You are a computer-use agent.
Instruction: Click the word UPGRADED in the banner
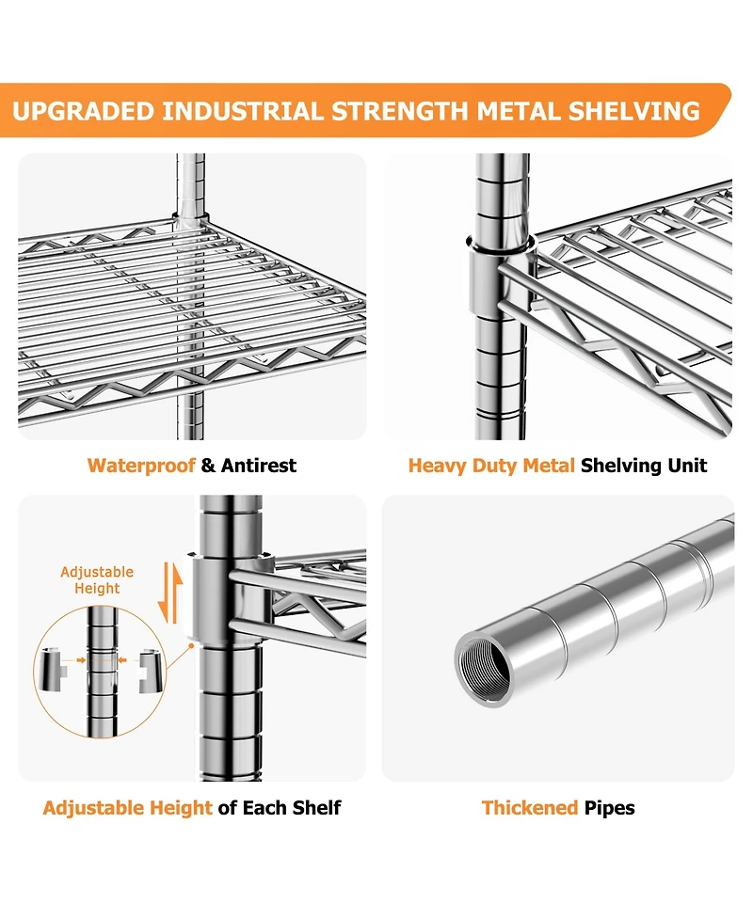click(x=83, y=111)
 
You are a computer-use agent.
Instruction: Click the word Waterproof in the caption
click(x=141, y=466)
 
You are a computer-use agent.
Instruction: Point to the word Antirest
click(x=259, y=466)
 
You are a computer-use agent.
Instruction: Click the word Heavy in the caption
click(x=437, y=466)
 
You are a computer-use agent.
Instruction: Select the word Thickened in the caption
click(x=530, y=808)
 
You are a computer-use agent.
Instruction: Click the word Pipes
click(x=609, y=808)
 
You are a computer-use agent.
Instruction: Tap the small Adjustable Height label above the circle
click(x=97, y=579)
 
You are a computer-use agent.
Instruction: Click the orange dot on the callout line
click(x=191, y=646)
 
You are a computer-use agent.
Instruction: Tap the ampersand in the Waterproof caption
click(x=208, y=466)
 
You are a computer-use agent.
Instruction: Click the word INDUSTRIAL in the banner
click(x=243, y=111)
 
